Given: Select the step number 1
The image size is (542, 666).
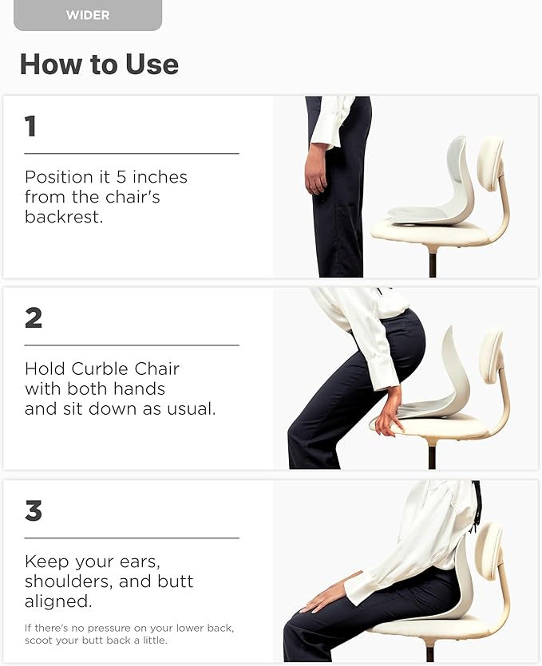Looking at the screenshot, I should point(30,126).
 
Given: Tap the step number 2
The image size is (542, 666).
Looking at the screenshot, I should point(34,318).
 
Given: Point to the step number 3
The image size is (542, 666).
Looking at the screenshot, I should point(34,510).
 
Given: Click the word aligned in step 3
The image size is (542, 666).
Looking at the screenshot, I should point(55,601).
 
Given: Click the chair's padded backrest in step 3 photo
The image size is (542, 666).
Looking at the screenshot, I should point(489,550).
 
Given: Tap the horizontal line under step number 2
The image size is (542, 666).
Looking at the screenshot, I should point(132,345).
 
